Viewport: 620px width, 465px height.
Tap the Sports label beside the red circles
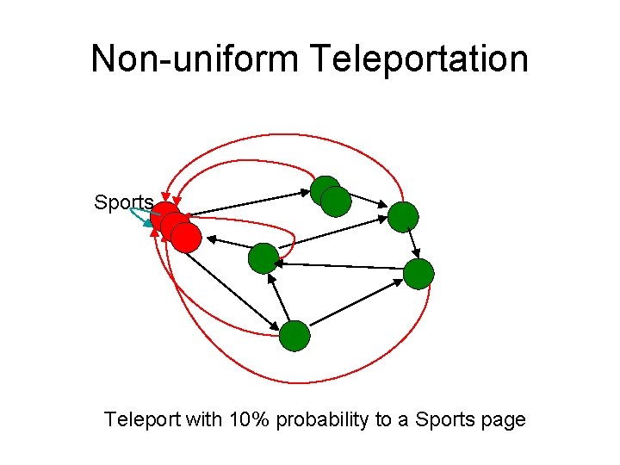tap(124, 203)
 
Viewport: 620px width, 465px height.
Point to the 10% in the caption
tap(249, 420)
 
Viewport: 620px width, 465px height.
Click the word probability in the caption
tap(321, 420)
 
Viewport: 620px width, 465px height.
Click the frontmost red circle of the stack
tap(185, 238)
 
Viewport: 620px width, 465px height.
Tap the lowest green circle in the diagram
tap(294, 336)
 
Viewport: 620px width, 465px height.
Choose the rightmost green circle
tap(419, 274)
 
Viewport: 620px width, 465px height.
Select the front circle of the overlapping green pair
tap(336, 201)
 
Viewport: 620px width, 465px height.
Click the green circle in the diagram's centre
tap(263, 257)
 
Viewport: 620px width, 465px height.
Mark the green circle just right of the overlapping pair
tap(402, 217)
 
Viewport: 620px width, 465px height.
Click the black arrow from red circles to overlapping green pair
tap(250, 202)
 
